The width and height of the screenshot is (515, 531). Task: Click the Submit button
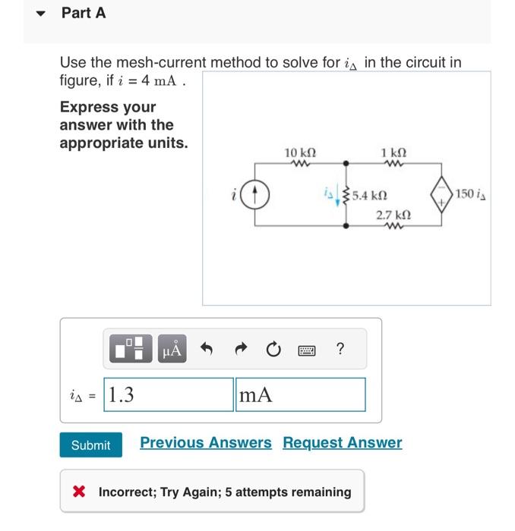point(90,445)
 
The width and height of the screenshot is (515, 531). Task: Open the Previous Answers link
point(205,442)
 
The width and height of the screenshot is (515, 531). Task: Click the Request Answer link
point(342,442)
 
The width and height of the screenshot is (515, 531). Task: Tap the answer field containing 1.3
point(168,394)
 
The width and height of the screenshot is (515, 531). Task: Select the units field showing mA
point(299,394)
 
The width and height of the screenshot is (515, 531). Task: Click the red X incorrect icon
point(78,492)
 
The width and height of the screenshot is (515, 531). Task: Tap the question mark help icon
point(340,349)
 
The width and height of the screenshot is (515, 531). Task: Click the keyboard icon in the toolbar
point(307,350)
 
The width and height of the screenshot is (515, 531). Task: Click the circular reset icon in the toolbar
point(273,350)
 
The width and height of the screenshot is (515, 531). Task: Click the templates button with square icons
point(133,350)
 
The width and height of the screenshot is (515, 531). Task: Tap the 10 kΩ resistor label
point(301,152)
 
